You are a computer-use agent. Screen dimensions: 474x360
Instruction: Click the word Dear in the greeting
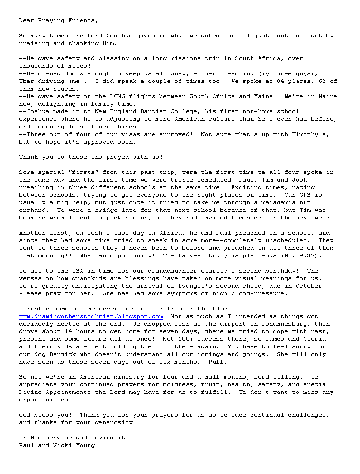coord(27,20)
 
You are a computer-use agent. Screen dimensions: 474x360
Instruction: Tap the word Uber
coord(27,81)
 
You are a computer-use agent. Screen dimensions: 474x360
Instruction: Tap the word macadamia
coord(275,202)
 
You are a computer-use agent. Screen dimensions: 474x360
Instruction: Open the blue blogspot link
coord(91,316)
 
